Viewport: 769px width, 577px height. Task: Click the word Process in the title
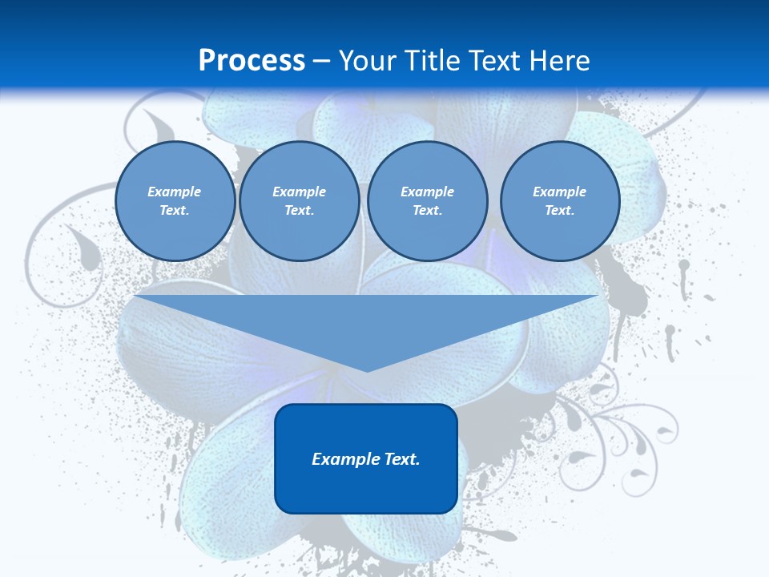(x=252, y=61)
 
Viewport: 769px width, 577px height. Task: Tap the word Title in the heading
(x=434, y=61)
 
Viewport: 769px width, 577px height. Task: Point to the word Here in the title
(x=559, y=61)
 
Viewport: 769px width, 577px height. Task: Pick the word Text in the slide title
(x=496, y=61)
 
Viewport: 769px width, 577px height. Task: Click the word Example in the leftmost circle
(x=174, y=192)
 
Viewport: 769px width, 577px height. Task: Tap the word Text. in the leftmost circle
(x=175, y=210)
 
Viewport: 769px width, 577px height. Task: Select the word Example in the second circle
(x=299, y=192)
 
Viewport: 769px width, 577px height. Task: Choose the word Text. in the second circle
(x=299, y=210)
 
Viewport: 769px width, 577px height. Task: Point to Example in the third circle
(x=427, y=192)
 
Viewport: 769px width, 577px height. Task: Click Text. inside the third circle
(x=427, y=210)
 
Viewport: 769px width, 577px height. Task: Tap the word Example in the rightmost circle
(x=559, y=192)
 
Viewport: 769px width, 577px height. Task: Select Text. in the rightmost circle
(x=559, y=210)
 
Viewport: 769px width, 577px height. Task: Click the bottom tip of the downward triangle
(x=366, y=370)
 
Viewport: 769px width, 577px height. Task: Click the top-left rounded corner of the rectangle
(x=281, y=410)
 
